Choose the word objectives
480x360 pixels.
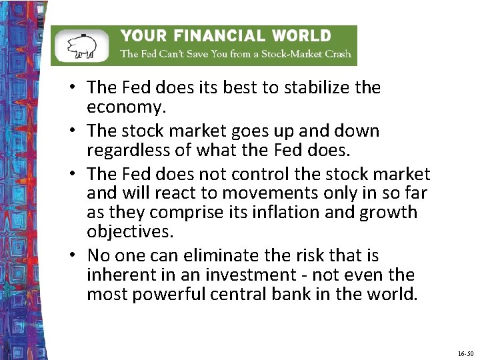click(x=129, y=232)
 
